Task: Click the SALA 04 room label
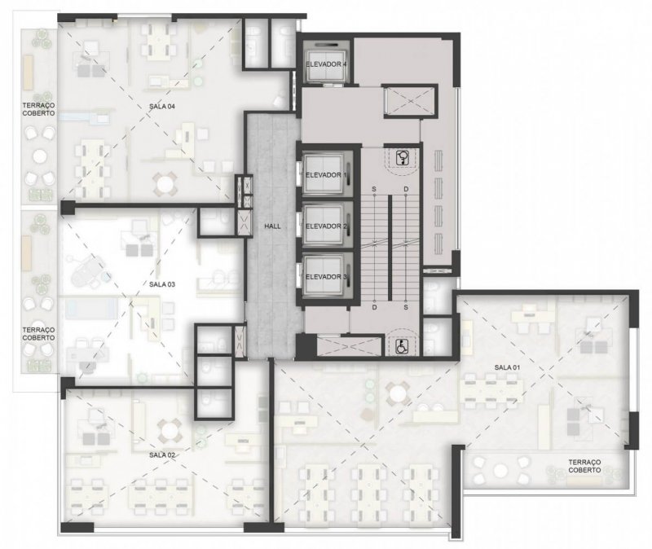click(x=162, y=107)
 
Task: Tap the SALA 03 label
click(x=162, y=284)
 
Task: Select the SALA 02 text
click(x=162, y=455)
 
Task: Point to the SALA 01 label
click(x=507, y=367)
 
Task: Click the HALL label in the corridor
click(x=273, y=226)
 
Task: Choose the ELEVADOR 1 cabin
click(x=324, y=175)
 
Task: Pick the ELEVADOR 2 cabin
click(x=324, y=226)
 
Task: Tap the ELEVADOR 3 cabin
click(x=324, y=277)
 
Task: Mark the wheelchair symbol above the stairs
click(x=402, y=157)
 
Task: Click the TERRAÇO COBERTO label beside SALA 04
click(x=38, y=110)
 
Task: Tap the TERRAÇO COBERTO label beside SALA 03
click(x=38, y=334)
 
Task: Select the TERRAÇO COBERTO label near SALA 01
click(x=584, y=466)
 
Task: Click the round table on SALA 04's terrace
click(x=40, y=156)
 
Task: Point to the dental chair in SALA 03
click(x=89, y=270)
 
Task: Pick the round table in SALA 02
click(x=170, y=429)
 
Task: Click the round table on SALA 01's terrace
click(x=500, y=470)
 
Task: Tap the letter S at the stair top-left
click(x=374, y=190)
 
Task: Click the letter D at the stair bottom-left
click(x=374, y=308)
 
